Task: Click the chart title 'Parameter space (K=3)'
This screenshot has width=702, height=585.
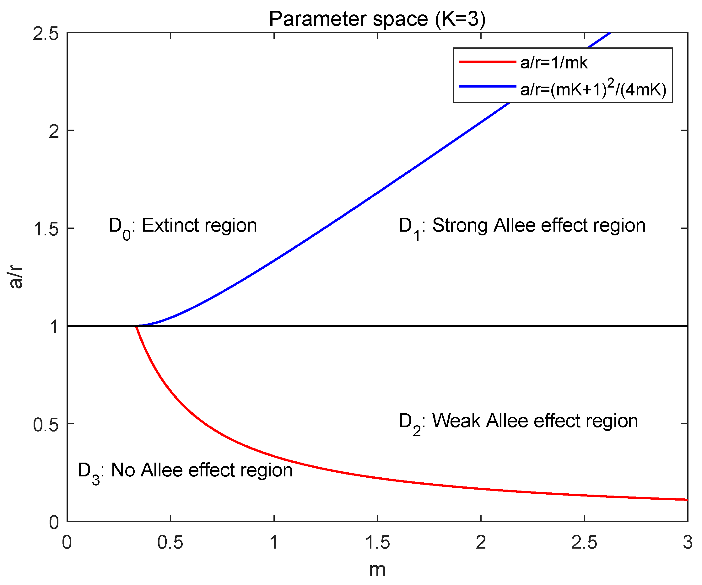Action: [x=377, y=19]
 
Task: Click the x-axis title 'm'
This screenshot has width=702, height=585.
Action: [x=377, y=570]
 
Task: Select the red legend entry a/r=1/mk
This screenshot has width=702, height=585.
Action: [x=553, y=62]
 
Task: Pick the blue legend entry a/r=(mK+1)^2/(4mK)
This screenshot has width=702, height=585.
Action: [x=593, y=89]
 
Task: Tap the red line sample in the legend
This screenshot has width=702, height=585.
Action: [x=487, y=62]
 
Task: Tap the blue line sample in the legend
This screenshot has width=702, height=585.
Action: [x=487, y=87]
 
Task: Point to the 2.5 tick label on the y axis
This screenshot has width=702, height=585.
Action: [x=46, y=34]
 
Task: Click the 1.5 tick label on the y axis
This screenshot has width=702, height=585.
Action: [x=46, y=229]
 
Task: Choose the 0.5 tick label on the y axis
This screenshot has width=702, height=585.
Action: [x=46, y=425]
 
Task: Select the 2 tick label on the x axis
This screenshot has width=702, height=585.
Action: [x=481, y=542]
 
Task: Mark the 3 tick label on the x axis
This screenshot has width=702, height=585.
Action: [x=687, y=542]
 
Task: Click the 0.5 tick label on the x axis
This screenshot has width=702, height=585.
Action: [x=170, y=542]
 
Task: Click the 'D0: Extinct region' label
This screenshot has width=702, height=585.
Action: [x=183, y=226]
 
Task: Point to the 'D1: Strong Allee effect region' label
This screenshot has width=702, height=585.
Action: [x=522, y=226]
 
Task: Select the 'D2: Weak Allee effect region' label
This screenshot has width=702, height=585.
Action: [x=518, y=421]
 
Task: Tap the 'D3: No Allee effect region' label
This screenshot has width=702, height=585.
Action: [x=185, y=471]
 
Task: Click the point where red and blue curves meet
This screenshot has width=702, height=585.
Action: [x=136, y=326]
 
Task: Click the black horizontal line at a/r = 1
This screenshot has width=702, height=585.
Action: [x=401, y=326]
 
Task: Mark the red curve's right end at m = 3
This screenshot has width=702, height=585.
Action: [x=687, y=500]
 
